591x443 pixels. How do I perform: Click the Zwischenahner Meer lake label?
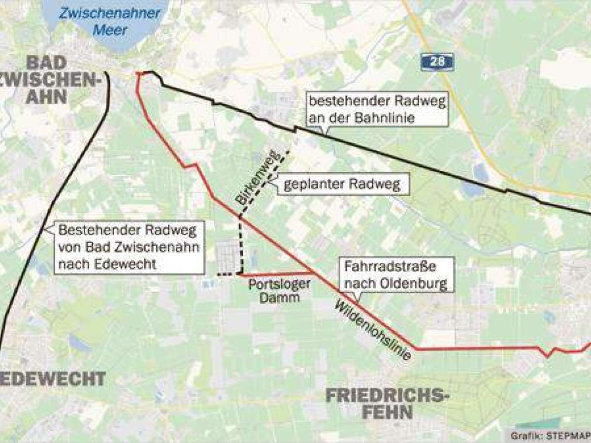tap(109, 21)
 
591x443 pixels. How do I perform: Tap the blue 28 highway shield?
tap(437, 62)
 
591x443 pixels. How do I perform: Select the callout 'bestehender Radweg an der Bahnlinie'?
tap(377, 110)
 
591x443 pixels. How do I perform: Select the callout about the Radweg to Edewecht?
tap(129, 247)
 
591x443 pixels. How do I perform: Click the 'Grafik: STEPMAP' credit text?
tap(550, 435)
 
